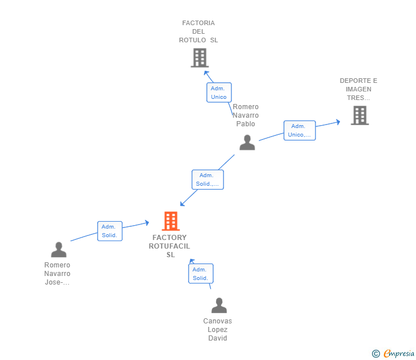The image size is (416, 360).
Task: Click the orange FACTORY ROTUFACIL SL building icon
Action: click(170, 221)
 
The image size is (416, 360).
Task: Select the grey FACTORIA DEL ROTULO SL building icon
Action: click(199, 58)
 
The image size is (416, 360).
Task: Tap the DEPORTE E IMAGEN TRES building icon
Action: click(359, 115)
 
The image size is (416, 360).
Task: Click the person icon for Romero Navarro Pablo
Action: click(247, 142)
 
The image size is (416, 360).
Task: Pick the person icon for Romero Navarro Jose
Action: click(58, 250)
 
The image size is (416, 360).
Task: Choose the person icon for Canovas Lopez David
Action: click(219, 306)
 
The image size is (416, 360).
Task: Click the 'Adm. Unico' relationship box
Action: click(219, 93)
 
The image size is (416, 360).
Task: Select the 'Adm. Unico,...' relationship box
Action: click(299, 130)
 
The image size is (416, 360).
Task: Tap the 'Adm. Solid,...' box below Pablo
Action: click(207, 179)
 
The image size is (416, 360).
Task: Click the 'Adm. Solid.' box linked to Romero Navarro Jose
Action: click(109, 231)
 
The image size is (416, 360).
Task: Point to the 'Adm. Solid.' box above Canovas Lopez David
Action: click(201, 274)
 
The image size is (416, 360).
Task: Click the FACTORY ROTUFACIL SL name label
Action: click(170, 246)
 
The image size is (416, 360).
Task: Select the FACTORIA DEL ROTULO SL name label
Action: click(198, 32)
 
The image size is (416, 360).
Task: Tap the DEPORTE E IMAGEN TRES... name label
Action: click(358, 89)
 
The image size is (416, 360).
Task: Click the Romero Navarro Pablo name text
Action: click(246, 115)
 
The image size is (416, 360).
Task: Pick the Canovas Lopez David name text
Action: click(218, 330)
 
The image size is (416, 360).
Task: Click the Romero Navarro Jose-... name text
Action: click(57, 274)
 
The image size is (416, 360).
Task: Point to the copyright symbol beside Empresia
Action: click(375, 354)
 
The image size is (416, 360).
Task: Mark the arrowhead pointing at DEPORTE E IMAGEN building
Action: click(338, 122)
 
